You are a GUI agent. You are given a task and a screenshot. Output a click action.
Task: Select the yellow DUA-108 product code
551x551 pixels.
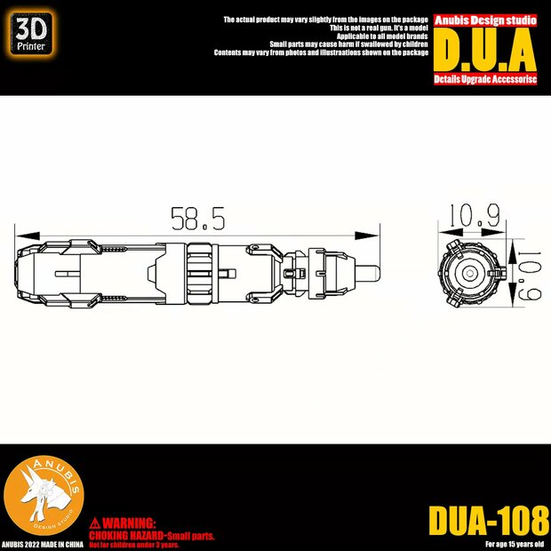(489, 521)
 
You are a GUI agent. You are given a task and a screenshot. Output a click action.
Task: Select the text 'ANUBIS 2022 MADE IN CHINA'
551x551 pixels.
(44, 543)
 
